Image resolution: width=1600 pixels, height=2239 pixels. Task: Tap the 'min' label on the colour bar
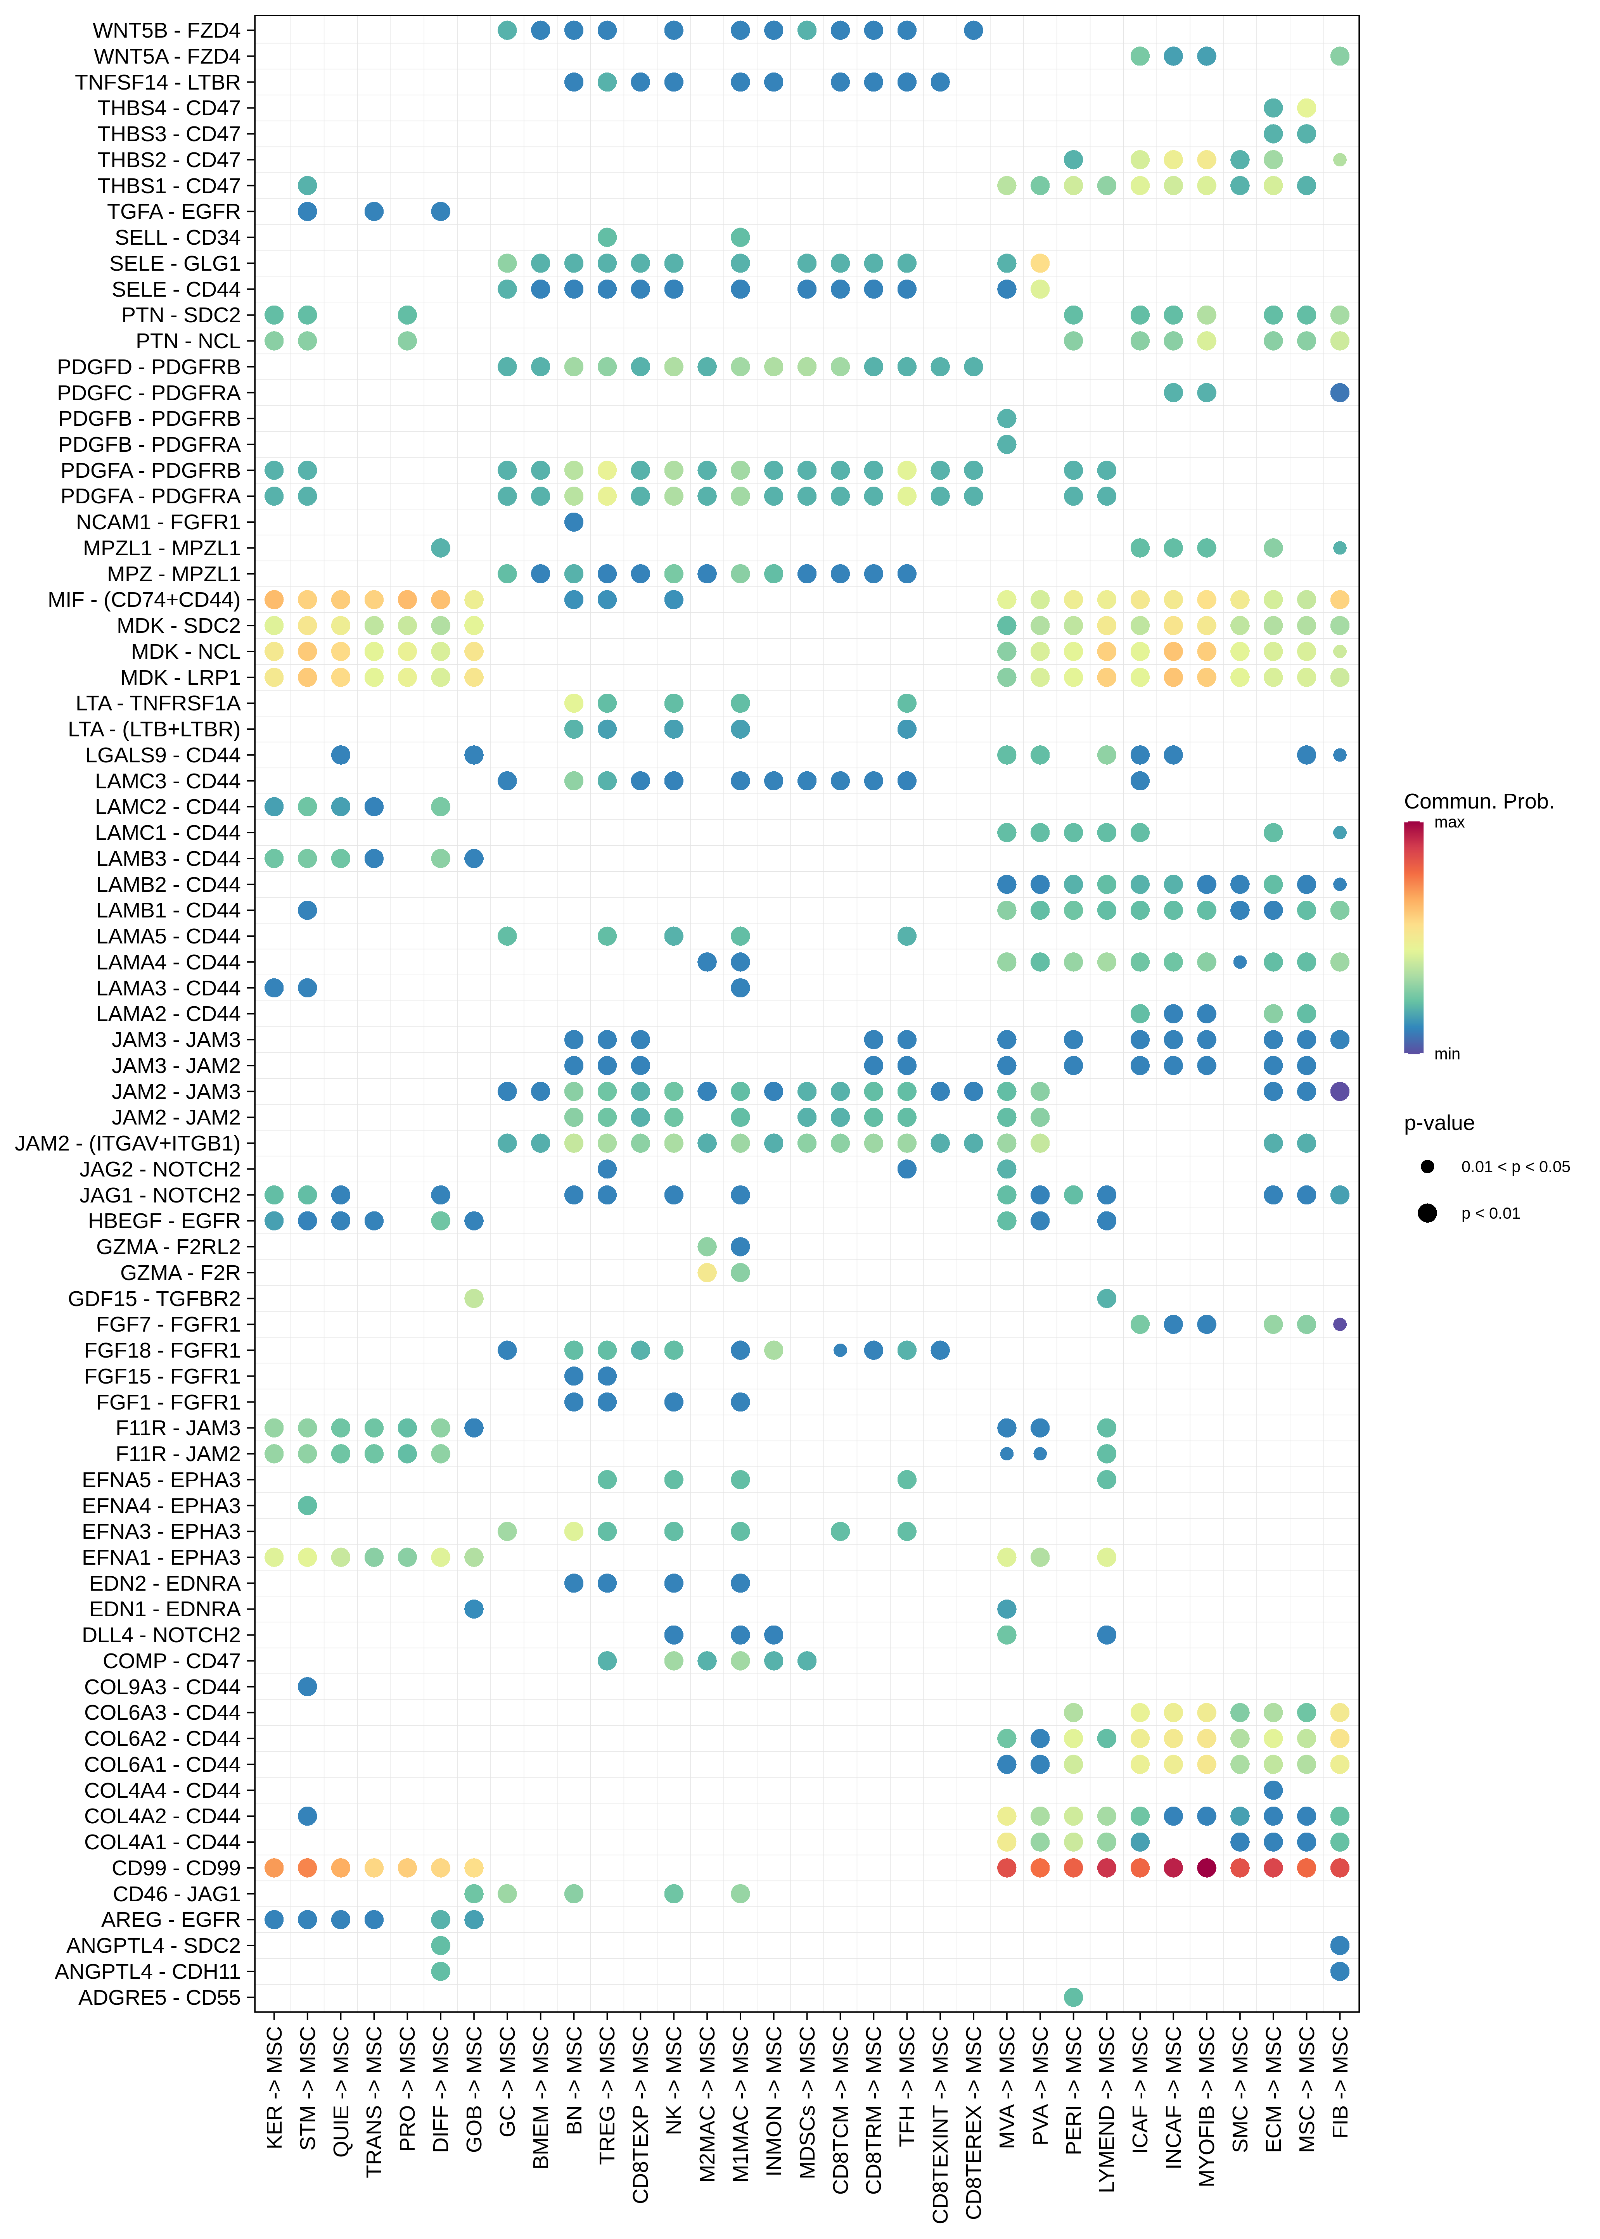[x=1446, y=1054]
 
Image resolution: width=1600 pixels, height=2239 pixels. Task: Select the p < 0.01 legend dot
[x=1427, y=1213]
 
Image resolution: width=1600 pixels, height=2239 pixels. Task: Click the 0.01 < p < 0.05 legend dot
[x=1427, y=1166]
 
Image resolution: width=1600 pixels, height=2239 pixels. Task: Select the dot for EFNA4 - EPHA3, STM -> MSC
[x=307, y=1505]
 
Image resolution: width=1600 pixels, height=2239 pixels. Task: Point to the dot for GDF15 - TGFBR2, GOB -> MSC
[x=474, y=1298]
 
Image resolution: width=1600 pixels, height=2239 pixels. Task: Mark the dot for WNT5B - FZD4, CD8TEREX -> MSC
[x=974, y=31]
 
